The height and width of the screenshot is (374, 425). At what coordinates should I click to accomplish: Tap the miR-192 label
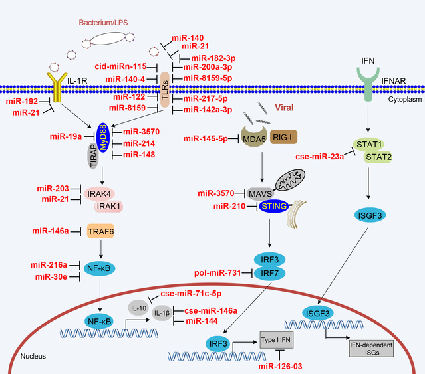tap(21, 101)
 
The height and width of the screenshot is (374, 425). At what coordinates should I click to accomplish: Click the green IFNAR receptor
tap(372, 84)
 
